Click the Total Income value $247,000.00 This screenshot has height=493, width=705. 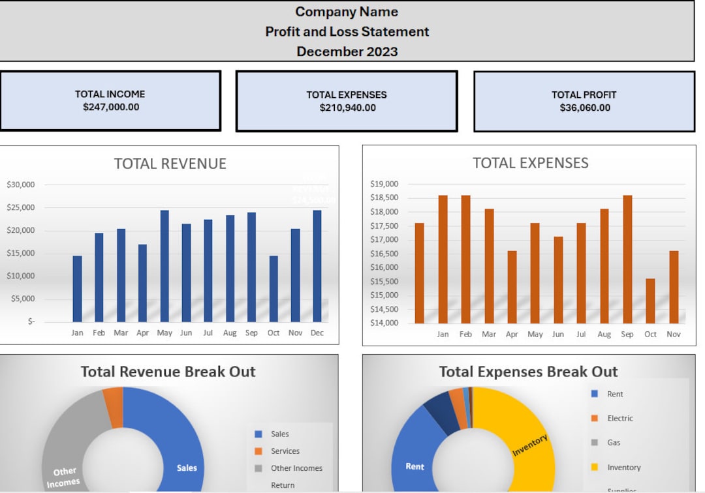tap(110, 108)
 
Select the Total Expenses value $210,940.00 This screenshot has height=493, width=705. tap(347, 108)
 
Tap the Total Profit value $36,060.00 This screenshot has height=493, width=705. tap(584, 108)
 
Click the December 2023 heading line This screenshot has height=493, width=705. tap(347, 52)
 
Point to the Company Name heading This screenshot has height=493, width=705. tap(347, 12)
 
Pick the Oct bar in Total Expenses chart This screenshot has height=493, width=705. tap(650, 301)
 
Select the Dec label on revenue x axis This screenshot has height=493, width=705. tap(317, 333)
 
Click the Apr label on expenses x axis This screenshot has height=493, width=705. tap(512, 335)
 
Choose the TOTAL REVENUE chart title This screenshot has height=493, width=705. tap(170, 164)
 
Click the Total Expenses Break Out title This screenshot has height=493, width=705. tap(528, 372)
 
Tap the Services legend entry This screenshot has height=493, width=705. tap(285, 451)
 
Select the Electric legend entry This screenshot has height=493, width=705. tap(619, 419)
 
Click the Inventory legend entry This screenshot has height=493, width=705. tap(623, 468)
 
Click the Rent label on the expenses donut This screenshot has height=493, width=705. tap(415, 466)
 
